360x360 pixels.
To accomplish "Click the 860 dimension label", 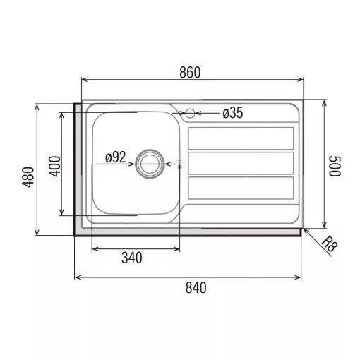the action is [190, 73].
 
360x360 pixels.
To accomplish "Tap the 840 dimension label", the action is [196, 288].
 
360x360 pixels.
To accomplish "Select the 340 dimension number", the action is [132, 258].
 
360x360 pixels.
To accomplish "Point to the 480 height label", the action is [28, 177].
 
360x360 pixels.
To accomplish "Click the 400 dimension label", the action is [54, 167].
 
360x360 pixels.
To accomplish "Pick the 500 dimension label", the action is [335, 166].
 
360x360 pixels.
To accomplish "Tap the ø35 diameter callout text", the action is [233, 113].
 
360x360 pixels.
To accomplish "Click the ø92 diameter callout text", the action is [115, 157].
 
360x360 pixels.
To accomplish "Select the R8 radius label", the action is [330, 244].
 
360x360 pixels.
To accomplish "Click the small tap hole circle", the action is [190, 114].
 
